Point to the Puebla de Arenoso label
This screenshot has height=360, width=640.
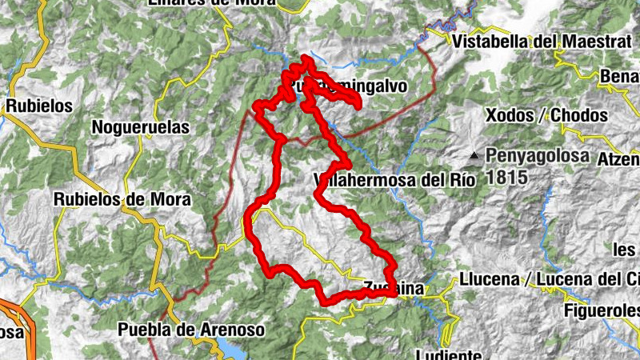[190, 329]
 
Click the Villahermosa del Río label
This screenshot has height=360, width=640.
[395, 180]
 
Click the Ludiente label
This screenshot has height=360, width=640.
[448, 354]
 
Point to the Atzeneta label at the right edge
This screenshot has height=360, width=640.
[620, 158]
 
